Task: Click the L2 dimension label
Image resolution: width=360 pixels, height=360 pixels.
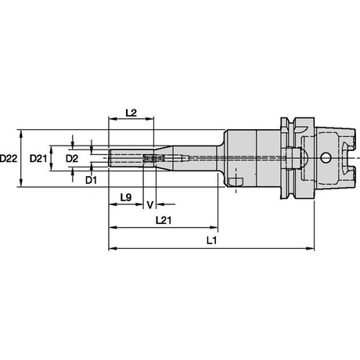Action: [131, 113]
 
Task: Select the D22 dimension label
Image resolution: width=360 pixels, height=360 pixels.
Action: [9, 158]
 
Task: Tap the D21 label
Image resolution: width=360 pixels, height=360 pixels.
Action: [38, 158]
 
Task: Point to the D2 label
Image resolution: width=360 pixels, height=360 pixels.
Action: [72, 158]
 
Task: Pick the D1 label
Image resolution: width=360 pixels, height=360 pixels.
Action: [91, 180]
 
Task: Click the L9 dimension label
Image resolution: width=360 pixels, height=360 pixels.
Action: [126, 197]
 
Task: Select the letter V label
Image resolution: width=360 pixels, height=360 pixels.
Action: [150, 205]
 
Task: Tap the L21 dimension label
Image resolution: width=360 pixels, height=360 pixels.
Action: [164, 221]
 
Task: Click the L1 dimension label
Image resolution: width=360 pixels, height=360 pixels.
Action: [211, 240]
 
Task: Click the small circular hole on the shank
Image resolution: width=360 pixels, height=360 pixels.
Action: [325, 158]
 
